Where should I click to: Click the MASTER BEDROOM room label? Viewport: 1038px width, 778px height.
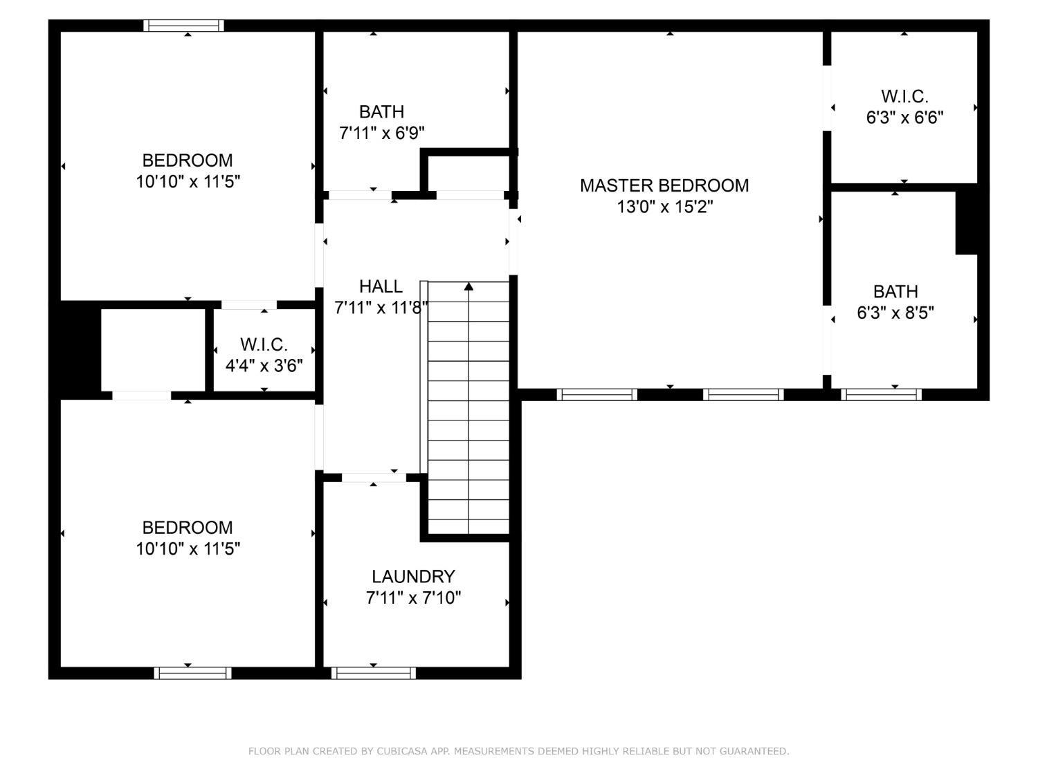pos(664,185)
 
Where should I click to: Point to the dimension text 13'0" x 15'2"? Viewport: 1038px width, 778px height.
pos(664,207)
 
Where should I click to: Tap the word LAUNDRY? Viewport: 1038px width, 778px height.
pos(413,576)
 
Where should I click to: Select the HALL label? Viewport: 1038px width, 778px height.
pos(381,286)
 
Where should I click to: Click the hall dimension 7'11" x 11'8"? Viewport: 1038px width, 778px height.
pos(381,308)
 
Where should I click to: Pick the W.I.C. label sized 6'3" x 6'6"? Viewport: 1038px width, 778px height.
pos(904,96)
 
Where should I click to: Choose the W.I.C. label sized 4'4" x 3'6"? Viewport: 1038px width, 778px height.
pos(264,344)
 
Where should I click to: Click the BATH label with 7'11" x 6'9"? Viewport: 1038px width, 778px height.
pos(381,111)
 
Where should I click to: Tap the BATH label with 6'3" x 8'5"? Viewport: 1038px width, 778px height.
pos(895,291)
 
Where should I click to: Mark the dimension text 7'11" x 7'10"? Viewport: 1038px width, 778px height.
pos(413,598)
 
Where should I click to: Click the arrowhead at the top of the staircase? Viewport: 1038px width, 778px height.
pos(469,286)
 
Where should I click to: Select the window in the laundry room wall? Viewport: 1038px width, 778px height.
pos(374,673)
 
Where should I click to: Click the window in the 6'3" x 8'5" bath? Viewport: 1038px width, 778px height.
pos(881,395)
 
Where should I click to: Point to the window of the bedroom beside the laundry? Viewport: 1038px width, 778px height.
pos(192,673)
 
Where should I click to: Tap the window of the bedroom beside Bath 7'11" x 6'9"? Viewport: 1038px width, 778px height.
pos(184,26)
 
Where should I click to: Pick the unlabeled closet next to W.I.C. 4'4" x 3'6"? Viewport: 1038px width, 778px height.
pos(153,349)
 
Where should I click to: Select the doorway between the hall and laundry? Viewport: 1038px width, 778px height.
pos(374,477)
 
